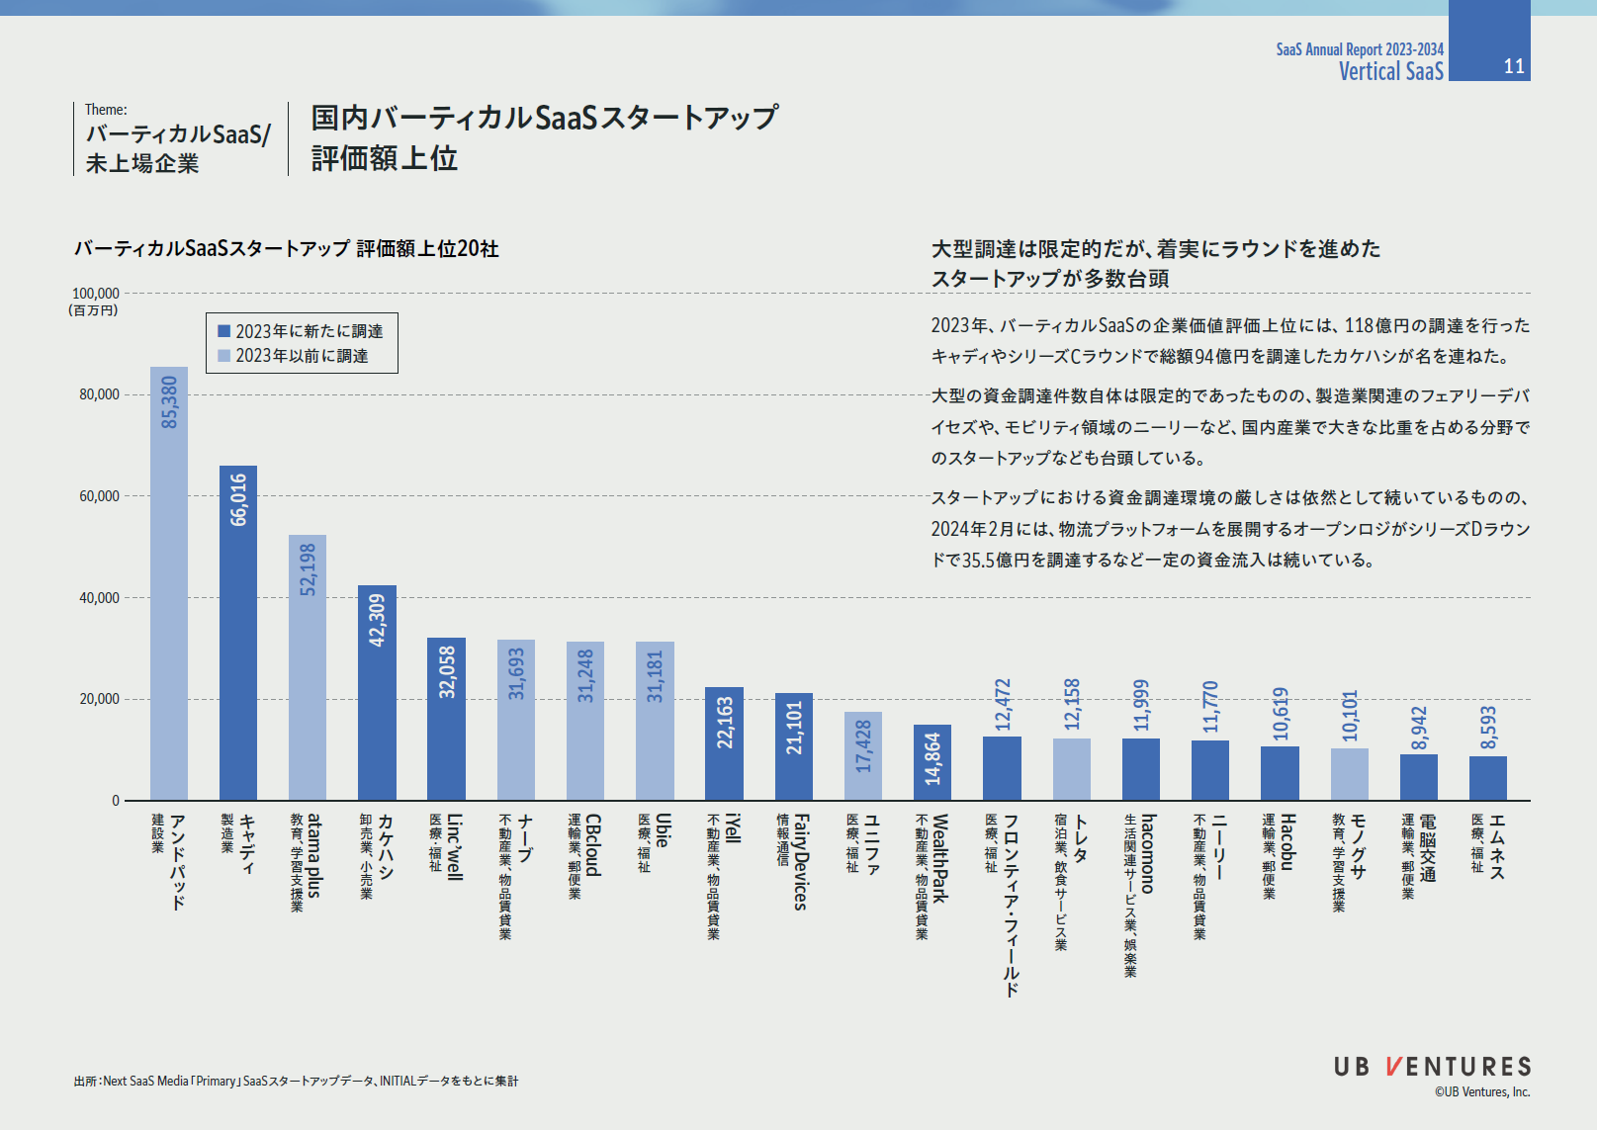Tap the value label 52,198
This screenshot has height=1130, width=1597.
[x=308, y=569]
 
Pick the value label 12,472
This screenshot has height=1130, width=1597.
[x=1003, y=705]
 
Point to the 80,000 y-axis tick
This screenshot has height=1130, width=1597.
[x=99, y=394]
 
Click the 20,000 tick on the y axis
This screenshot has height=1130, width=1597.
[x=99, y=699]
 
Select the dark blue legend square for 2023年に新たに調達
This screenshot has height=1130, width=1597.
[x=224, y=331]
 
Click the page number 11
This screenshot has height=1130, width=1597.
[x=1513, y=66]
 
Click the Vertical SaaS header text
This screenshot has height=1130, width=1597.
[x=1390, y=71]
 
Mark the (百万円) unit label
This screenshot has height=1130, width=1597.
[x=93, y=310]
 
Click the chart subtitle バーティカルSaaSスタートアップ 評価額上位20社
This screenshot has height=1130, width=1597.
[x=286, y=249]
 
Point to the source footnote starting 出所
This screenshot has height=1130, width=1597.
[x=296, y=1082]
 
